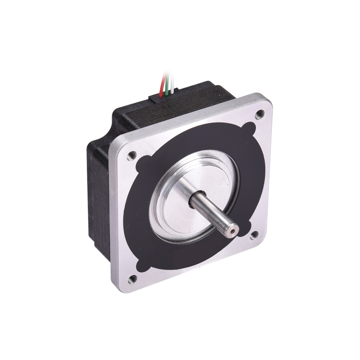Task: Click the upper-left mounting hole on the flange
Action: click(131, 155)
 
